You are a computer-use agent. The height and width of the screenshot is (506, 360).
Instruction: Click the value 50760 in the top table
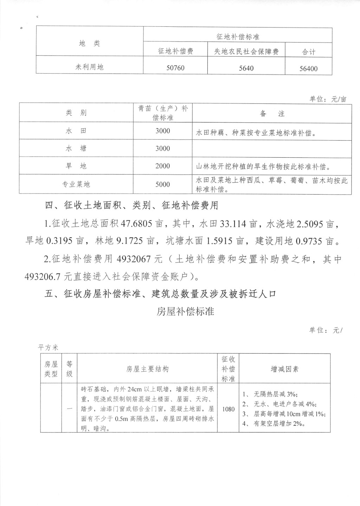tap(175, 68)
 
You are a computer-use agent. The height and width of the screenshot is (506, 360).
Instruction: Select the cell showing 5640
tap(246, 68)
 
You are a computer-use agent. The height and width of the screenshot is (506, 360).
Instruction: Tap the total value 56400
tap(308, 69)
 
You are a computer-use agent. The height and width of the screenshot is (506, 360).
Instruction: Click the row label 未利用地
tap(89, 67)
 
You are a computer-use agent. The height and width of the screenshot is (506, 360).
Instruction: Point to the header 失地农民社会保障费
tap(246, 52)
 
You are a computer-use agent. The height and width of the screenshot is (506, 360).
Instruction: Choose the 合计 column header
tap(308, 52)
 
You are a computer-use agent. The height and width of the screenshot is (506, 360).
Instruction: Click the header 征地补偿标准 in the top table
tap(238, 37)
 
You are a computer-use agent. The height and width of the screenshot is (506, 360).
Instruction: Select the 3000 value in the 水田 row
tap(162, 131)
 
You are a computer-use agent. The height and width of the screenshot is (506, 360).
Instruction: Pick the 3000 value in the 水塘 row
tap(162, 148)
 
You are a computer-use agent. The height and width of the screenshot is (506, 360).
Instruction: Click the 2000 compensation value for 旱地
tap(162, 166)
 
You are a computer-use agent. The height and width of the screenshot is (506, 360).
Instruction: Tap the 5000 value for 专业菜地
tap(162, 184)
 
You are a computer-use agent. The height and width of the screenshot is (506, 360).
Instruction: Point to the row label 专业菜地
tap(76, 184)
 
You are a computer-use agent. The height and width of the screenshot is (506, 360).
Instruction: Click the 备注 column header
tap(272, 113)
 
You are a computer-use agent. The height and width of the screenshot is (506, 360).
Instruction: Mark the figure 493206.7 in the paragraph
tap(43, 277)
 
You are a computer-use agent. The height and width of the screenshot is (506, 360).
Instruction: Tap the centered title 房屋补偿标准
tap(185, 312)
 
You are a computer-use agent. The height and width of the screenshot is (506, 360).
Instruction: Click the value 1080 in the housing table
tap(228, 409)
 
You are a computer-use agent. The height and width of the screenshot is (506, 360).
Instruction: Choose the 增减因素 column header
tap(284, 369)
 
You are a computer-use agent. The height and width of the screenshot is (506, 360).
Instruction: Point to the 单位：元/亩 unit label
tap(328, 99)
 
